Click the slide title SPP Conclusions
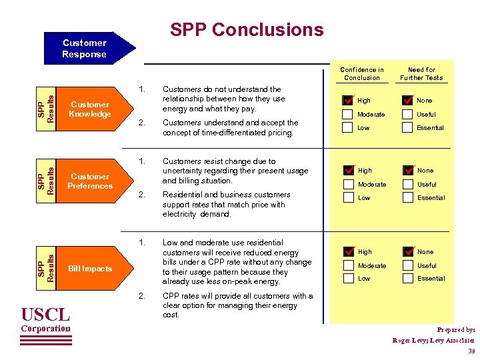(x=247, y=30)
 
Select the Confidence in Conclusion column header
(x=362, y=73)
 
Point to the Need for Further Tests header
(x=421, y=73)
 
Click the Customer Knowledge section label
(x=90, y=109)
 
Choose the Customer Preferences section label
(x=90, y=181)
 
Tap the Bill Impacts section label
(x=90, y=269)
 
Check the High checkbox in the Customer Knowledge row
(x=348, y=101)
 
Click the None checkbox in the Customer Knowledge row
(x=407, y=101)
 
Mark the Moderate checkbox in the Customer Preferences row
(x=348, y=184)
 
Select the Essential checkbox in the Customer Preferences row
(x=407, y=197)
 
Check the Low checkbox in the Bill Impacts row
(x=348, y=279)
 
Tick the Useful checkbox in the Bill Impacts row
(x=407, y=265)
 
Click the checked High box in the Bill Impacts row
(x=348, y=252)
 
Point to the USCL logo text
(x=45, y=314)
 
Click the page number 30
(x=471, y=351)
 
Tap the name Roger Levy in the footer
(x=410, y=341)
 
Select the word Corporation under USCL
(x=45, y=329)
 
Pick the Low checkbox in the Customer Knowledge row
(x=348, y=127)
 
